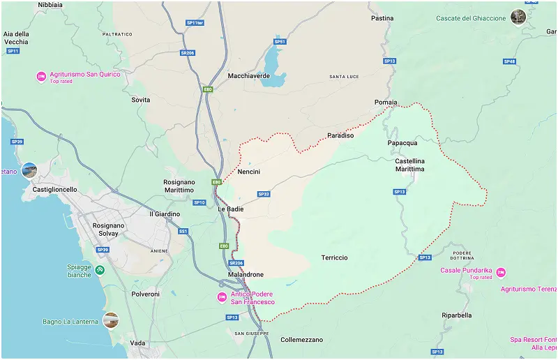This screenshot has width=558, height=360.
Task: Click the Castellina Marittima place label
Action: pos(409,165)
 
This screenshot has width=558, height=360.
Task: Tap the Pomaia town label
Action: pos(386,102)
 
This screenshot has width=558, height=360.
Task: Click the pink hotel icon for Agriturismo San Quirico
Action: pos(41,77)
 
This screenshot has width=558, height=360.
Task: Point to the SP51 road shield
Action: pos(280,42)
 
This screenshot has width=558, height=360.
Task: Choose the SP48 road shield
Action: pos(509,61)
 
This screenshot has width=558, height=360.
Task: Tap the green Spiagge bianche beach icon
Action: pos(100,270)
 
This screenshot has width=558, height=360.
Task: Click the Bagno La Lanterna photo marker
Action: pos(110,320)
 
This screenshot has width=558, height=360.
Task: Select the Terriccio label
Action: pos(334,257)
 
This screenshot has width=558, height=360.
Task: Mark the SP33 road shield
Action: pos(264,194)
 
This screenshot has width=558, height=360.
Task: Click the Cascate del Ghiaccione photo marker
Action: pos(518,17)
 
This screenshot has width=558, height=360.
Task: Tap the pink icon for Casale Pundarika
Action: pos(500,273)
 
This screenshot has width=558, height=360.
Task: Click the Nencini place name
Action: pos(248,172)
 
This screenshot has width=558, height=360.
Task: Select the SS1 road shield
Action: pos(183,231)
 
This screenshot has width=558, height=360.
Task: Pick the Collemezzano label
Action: pos(301,340)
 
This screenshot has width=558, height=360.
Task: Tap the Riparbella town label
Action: pos(456,315)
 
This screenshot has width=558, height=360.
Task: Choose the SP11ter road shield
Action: pos(195,23)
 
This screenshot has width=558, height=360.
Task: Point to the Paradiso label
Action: pos(340,135)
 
